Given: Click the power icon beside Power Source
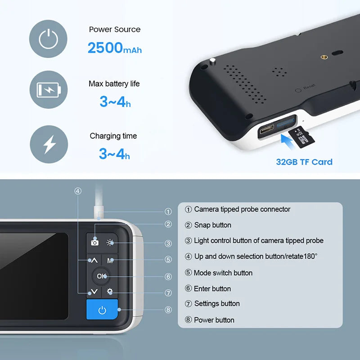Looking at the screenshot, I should click(48, 40).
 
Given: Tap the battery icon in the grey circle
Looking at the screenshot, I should click(48, 90).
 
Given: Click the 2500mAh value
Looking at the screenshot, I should click(114, 47).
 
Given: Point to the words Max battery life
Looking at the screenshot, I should click(114, 84).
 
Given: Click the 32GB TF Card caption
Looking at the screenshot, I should click(304, 162).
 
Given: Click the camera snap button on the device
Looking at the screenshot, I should click(94, 242).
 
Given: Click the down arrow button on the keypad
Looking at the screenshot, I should click(94, 292).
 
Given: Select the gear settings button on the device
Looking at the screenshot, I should click(110, 292).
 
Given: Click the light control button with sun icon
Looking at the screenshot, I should click(110, 242).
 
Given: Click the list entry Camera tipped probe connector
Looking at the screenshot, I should click(242, 209).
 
